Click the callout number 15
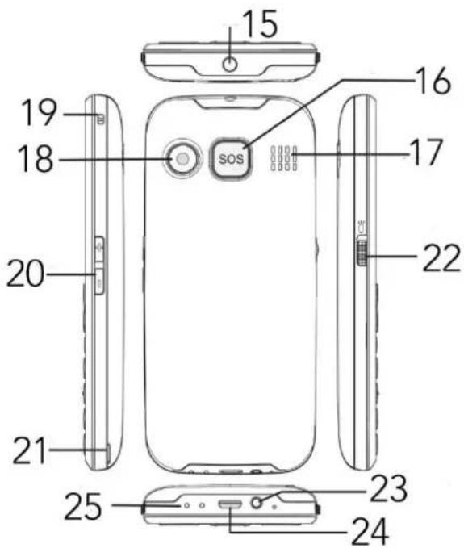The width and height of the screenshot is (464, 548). point(261,23)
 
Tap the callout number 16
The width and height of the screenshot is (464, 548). point(433,81)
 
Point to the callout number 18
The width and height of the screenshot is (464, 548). point(36,159)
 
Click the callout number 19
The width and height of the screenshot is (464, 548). point(39,112)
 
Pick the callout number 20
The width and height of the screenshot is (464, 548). point(26,274)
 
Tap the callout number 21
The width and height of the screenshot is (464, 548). point(30,450)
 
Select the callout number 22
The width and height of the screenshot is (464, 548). point(441,257)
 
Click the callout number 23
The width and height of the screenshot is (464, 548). point(388,488)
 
